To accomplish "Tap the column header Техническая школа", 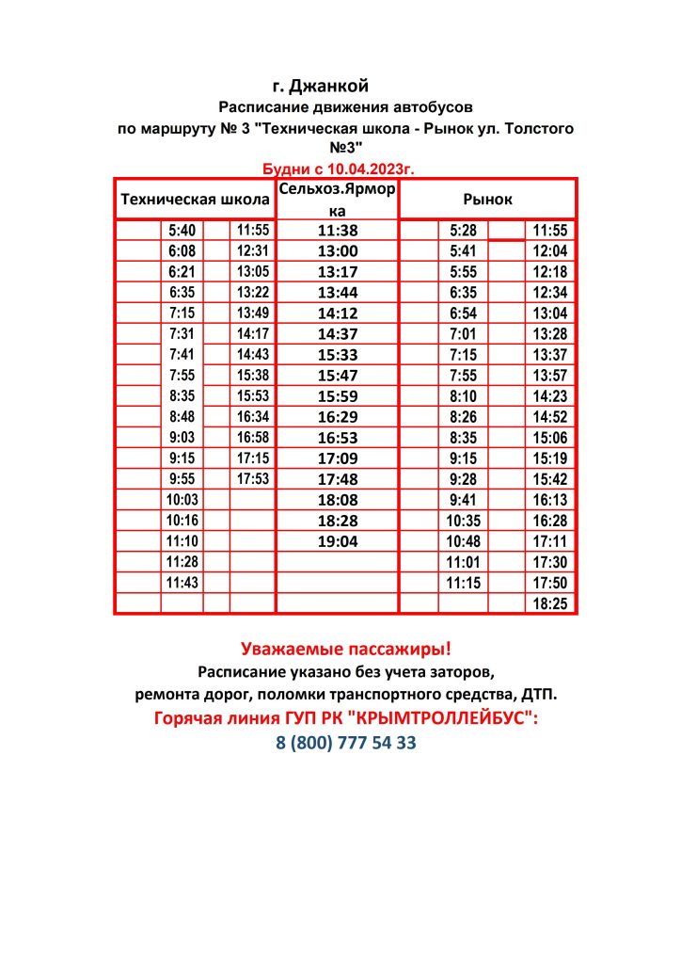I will click(x=193, y=200).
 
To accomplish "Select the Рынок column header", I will click(x=487, y=200).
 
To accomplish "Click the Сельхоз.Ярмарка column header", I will click(x=337, y=200).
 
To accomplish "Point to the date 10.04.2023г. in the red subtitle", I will click(x=368, y=169).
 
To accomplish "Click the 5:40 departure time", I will click(x=182, y=230).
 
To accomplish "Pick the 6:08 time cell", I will click(x=182, y=250).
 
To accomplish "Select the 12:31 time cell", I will click(x=253, y=250).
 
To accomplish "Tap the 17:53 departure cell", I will click(x=253, y=478).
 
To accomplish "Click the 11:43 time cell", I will click(x=182, y=583).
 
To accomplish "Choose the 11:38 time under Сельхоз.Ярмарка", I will click(x=338, y=230).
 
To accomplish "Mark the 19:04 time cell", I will click(x=338, y=541).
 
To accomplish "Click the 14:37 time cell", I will click(x=338, y=333).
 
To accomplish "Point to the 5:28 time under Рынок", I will click(x=464, y=230).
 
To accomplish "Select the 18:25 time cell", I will click(x=550, y=603).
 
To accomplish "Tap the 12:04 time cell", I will click(x=550, y=250).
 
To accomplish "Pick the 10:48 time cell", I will click(x=464, y=541).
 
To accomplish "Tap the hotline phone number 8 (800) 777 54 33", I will click(x=346, y=743).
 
